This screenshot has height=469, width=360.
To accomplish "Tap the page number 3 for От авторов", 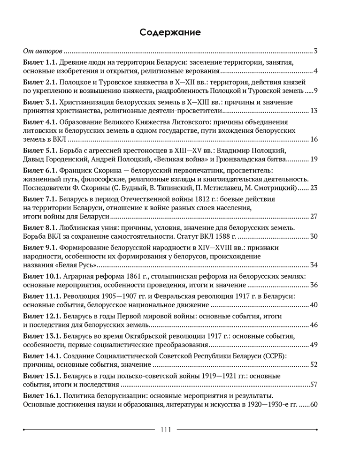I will [316, 51].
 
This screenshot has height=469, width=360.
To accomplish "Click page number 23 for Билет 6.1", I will [314, 188].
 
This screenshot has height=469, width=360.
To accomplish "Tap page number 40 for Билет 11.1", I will [314, 305].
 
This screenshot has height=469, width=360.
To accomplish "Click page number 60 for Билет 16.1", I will [314, 404].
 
